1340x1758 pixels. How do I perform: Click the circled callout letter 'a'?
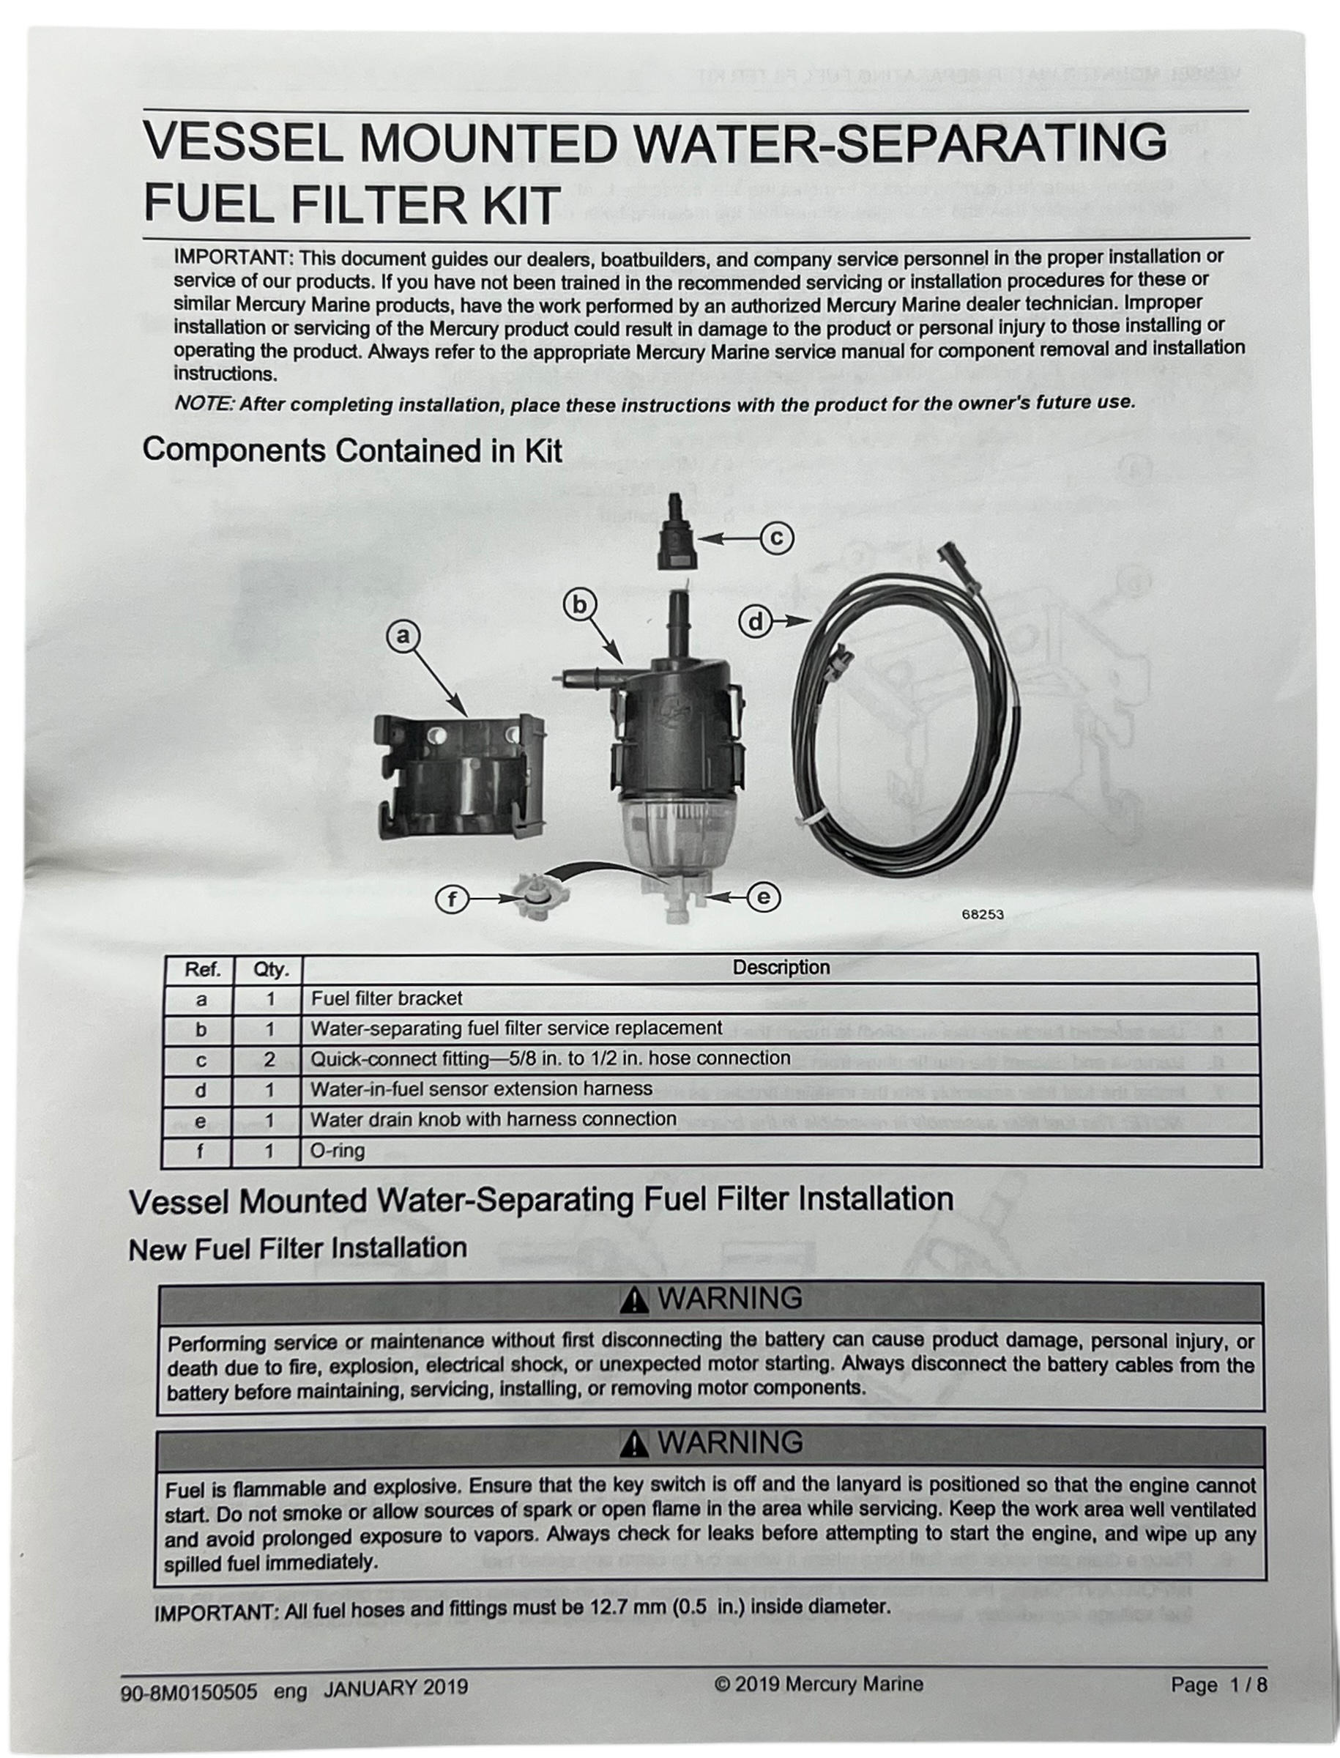[403, 635]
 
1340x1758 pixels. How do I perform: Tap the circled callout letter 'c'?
[776, 538]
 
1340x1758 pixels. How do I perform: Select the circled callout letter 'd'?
[756, 622]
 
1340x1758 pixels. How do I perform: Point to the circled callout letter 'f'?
[453, 900]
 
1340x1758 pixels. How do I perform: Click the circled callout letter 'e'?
[763, 898]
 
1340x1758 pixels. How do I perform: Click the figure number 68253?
[982, 914]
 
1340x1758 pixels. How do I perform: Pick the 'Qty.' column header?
[269, 970]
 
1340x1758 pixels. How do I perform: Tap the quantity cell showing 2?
[269, 1060]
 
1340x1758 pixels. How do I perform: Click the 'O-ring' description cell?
[338, 1151]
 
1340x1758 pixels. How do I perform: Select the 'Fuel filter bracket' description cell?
[386, 998]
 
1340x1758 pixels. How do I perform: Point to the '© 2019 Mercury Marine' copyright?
[819, 1684]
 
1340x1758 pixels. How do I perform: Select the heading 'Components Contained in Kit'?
[351, 451]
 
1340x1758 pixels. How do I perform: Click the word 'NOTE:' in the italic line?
[204, 404]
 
